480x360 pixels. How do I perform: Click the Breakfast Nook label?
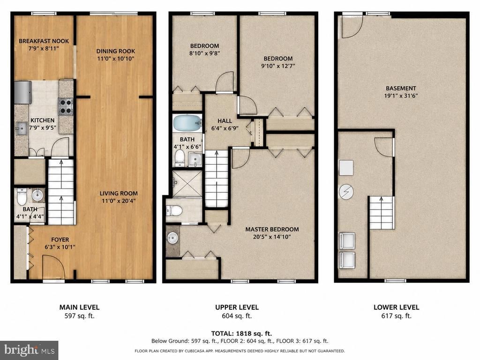[x=44, y=41]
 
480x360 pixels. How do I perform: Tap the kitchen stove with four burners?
[x=66, y=106]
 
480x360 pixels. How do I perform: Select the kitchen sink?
[x=22, y=128]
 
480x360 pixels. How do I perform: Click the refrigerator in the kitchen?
[x=23, y=92]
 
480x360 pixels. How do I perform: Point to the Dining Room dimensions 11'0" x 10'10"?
[x=116, y=59]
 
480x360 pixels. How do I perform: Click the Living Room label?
[x=119, y=194]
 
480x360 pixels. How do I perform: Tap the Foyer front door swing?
[x=53, y=267]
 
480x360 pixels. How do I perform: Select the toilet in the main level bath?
[x=22, y=197]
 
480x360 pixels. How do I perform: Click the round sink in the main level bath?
[x=38, y=195]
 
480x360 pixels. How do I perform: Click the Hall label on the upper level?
[x=225, y=121]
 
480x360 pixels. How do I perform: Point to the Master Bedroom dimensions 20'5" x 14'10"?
[x=272, y=237]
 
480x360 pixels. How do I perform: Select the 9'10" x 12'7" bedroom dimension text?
[x=278, y=66]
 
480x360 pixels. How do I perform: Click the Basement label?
[x=401, y=88]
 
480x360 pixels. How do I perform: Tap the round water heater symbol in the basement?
[x=346, y=192]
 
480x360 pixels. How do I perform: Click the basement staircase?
[x=381, y=213]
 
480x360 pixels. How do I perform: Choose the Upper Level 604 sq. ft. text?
[x=237, y=316]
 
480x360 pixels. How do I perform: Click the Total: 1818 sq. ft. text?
[x=241, y=333]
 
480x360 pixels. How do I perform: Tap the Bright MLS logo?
[x=29, y=350]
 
